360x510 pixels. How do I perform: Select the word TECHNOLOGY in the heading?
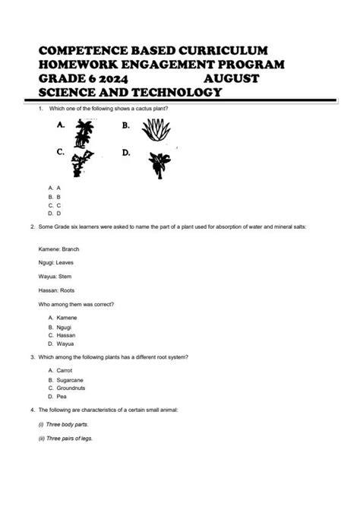click(172, 92)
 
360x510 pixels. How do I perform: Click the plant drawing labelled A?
click(84, 135)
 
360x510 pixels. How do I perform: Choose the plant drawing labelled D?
click(159, 163)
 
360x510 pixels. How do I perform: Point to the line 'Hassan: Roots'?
click(57, 290)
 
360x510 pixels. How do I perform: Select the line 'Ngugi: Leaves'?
click(55, 262)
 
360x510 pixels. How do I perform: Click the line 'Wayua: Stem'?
click(55, 277)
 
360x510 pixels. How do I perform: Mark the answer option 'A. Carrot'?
click(61, 369)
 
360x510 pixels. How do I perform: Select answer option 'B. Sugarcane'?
click(66, 379)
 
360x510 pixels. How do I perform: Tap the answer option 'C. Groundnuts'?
click(67, 388)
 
